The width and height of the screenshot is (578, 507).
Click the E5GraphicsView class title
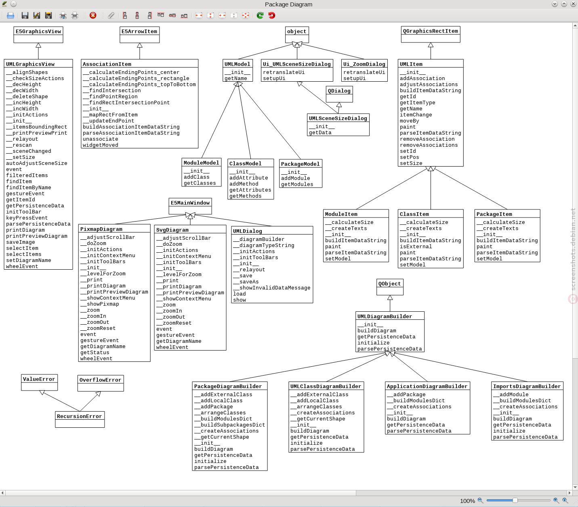pos(38,32)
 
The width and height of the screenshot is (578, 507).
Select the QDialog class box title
pos(339,91)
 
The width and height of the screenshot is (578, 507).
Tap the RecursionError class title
pos(79,416)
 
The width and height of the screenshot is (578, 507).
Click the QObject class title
pos(389,284)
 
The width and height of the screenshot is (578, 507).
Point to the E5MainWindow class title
pos(190,203)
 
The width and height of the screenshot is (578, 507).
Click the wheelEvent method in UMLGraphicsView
pos(22,266)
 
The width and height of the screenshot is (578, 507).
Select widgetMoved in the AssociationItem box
pos(101,145)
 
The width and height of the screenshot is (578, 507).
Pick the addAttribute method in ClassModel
pos(248,177)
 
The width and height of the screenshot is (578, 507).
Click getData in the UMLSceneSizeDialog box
pos(320,133)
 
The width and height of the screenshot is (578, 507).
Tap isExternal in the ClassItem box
pos(416,247)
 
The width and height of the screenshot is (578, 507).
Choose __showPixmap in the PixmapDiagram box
pos(100,304)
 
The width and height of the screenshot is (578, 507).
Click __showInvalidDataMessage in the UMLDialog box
pos(271,287)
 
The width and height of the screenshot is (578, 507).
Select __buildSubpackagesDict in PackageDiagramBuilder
pos(229,425)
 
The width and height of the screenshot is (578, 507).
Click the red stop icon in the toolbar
pos(93,15)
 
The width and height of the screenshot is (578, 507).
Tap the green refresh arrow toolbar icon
pos(260,15)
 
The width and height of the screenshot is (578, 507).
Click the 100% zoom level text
pos(467,501)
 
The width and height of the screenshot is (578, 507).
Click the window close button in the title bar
pos(573,4)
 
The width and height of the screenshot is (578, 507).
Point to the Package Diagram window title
pos(288,4)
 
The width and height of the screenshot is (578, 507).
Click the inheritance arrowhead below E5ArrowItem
pos(139,45)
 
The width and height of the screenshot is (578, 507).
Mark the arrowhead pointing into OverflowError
pos(98,394)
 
